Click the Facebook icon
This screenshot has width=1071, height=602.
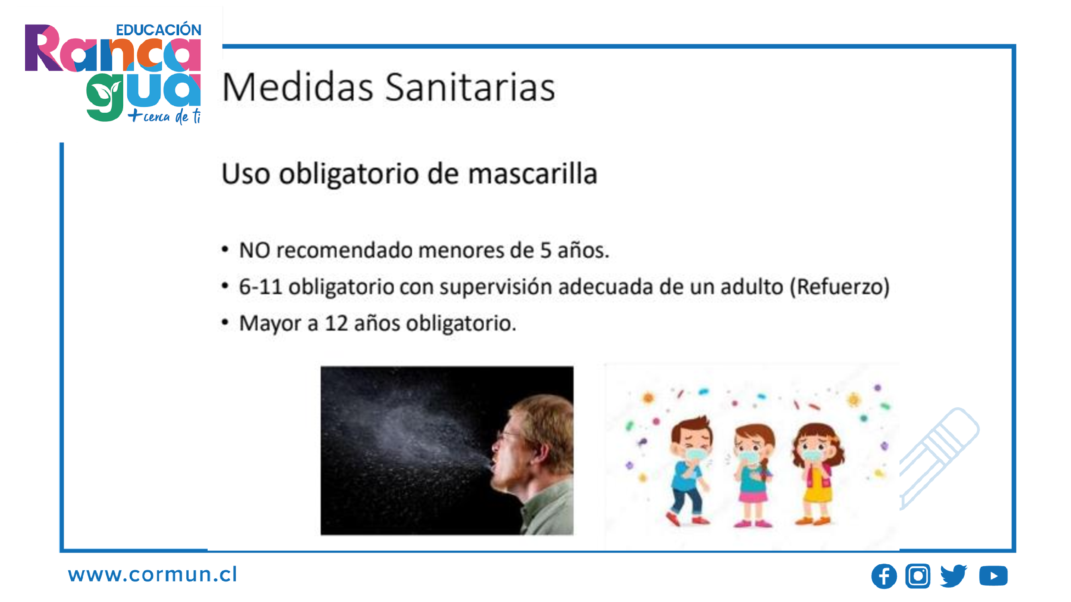tap(883, 576)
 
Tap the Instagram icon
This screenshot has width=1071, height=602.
tap(918, 576)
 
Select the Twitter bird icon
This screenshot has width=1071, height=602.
tap(953, 576)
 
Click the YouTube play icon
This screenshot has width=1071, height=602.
tap(993, 576)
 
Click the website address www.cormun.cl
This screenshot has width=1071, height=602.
tap(153, 575)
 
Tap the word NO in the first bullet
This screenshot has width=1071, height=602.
tap(255, 250)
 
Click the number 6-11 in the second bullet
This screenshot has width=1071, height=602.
tap(260, 287)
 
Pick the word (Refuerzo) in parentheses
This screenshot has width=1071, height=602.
tap(839, 287)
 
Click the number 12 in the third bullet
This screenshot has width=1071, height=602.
tap(337, 323)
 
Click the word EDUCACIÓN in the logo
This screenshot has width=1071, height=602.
tap(158, 30)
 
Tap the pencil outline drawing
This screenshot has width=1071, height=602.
tap(940, 457)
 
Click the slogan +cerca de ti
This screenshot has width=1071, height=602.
tap(165, 116)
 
